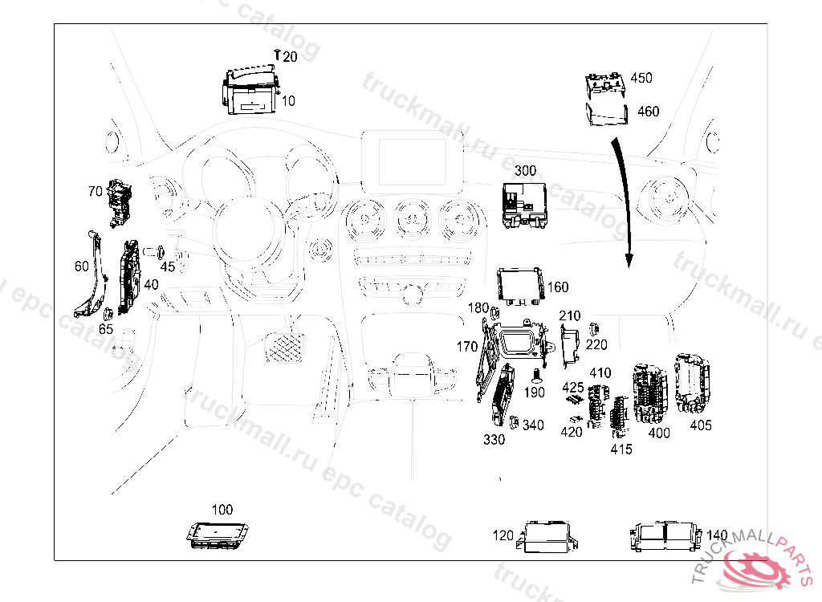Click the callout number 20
point(290,57)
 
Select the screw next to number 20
point(277,54)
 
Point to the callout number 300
point(525,170)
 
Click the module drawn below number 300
point(524,205)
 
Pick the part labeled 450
point(605,85)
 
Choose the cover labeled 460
point(607,115)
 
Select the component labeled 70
point(120,203)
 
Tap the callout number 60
point(82,266)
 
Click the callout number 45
point(168,267)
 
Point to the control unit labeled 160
point(520,287)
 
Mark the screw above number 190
point(535,375)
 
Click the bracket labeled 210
point(570,345)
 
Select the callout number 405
point(701,425)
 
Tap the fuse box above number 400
point(650,393)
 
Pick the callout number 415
point(621,449)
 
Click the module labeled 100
point(217,535)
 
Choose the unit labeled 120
point(547,536)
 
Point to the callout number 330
point(494,439)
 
